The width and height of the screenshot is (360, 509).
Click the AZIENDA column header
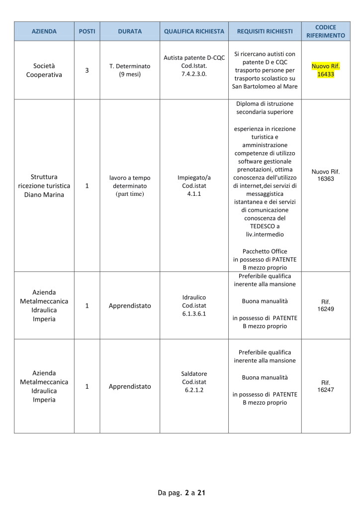coord(44,31)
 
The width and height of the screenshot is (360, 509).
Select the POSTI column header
coord(87,31)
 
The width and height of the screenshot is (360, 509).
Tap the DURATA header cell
coord(130,31)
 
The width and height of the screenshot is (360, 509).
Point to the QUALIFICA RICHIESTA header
coord(194,31)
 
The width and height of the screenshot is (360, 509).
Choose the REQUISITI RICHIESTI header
coord(265,31)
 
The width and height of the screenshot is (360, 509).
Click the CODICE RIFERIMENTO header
coord(326,31)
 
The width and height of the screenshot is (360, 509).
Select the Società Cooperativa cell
coord(44,70)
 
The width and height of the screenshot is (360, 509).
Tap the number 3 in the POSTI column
coord(87,70)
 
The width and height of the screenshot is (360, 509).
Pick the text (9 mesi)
coord(130,75)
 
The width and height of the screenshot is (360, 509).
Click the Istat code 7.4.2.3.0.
coord(194,74)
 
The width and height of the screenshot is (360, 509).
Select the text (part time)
coord(130,194)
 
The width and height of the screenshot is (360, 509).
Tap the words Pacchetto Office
coord(265,251)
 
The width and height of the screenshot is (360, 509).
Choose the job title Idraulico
coord(194,297)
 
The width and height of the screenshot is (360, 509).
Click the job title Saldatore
coord(194,373)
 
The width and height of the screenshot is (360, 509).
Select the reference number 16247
coord(326,390)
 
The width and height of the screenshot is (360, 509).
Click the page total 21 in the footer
coord(201,493)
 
